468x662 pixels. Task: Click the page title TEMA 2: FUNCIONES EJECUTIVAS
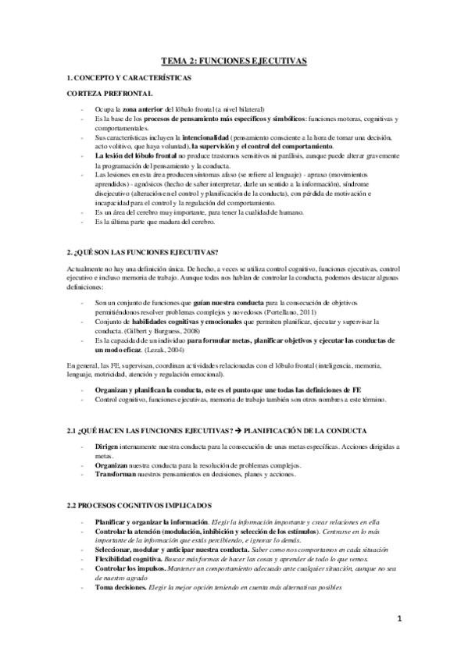234,59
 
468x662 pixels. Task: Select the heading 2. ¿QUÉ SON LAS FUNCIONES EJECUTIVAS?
143,251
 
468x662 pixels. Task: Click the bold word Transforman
115,473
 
